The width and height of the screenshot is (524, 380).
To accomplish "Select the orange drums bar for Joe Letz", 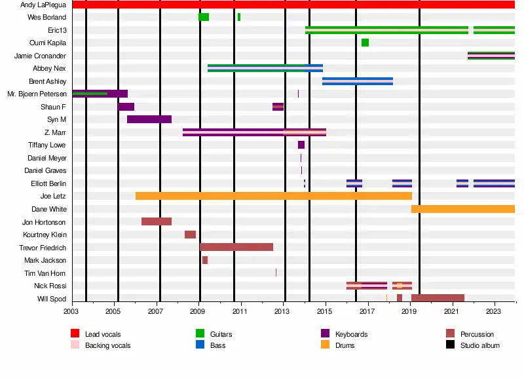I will tap(273, 196).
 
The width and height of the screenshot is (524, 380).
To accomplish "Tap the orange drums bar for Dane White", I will tap(462, 209).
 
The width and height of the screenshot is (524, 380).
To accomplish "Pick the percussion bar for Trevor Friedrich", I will tap(236, 247).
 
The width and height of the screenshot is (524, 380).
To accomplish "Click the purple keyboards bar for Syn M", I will tap(149, 119).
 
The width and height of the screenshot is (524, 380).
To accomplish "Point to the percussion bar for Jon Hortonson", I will tap(157, 221).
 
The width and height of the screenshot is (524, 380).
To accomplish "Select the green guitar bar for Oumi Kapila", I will tap(365, 43).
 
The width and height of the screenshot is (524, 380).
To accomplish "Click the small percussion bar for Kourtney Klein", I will tap(190, 235).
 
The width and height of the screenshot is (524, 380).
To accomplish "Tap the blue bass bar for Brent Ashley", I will tap(358, 81).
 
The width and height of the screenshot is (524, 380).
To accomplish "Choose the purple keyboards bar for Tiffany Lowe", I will tap(301, 145).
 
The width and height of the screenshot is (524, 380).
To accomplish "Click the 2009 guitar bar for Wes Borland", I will tap(204, 17).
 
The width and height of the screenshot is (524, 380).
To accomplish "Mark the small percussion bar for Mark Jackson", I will tap(205, 260).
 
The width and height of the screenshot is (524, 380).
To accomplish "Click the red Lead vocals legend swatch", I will tap(75, 334).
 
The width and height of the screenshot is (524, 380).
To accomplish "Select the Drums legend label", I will tap(345, 345).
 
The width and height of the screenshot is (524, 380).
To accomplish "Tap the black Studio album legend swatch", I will tap(450, 345).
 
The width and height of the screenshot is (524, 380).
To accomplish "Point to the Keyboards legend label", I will tap(351, 334).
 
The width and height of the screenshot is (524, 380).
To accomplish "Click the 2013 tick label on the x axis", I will tap(282, 312).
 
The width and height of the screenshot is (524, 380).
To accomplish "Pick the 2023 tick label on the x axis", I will tap(494, 312).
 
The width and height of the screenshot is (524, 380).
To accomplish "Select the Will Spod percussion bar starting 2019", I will tap(438, 298).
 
